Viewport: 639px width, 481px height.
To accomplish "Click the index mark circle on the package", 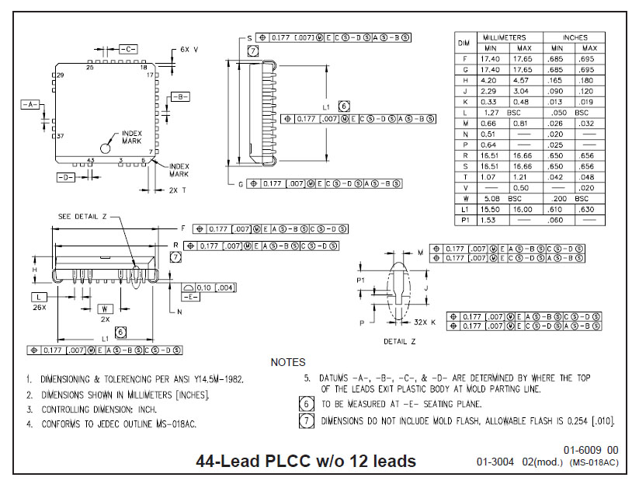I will pos(105,148).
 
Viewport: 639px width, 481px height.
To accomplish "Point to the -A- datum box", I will pos(31,103).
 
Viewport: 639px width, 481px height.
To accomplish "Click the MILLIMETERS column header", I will pos(504,37).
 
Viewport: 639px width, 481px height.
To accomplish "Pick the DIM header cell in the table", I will pos(464,42).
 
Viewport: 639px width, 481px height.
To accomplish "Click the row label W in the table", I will pos(464,198).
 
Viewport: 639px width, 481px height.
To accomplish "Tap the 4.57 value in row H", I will pos(523,80).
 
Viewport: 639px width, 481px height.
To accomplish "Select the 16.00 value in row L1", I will pos(523,209).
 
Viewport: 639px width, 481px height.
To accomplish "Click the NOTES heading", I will pos(288,362).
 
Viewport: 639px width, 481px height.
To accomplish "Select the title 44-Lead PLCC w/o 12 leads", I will pos(307,461).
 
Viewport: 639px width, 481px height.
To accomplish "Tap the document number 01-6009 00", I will pos(591,450).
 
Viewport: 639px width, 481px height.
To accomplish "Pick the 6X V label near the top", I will pos(189,49).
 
